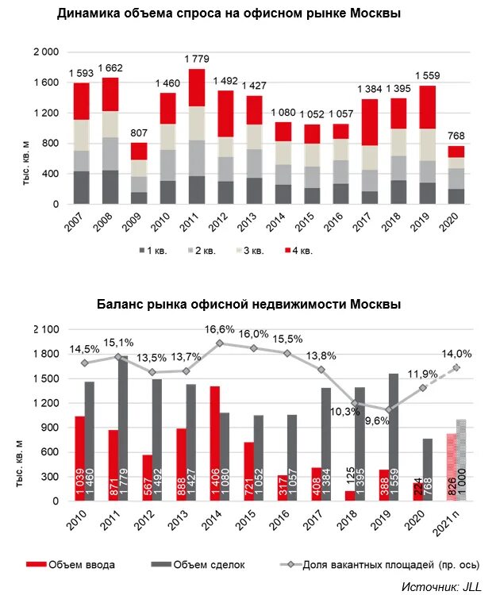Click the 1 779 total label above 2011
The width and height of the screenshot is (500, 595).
point(197,59)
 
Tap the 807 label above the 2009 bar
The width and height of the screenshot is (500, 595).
point(139,133)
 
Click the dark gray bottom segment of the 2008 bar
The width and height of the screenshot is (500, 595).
point(110,187)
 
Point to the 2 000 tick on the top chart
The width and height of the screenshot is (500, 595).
point(46,52)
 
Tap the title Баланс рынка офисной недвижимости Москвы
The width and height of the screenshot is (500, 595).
point(248,304)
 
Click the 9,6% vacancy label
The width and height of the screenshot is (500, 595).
point(375,421)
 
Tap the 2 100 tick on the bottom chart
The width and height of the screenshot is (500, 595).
point(46,329)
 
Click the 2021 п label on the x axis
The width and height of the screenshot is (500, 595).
point(449,527)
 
